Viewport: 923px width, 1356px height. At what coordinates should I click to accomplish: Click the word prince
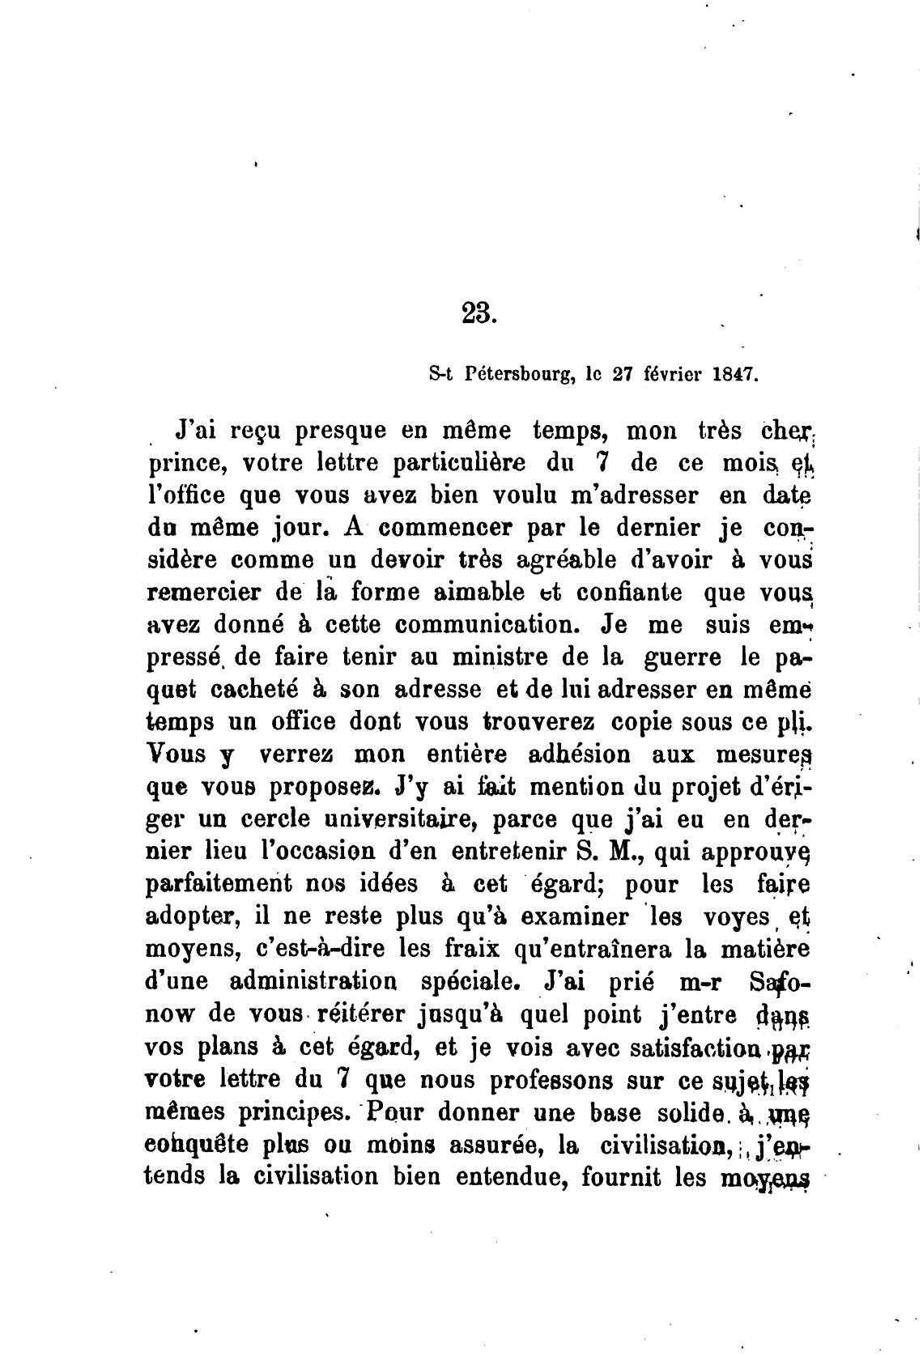coord(181,465)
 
